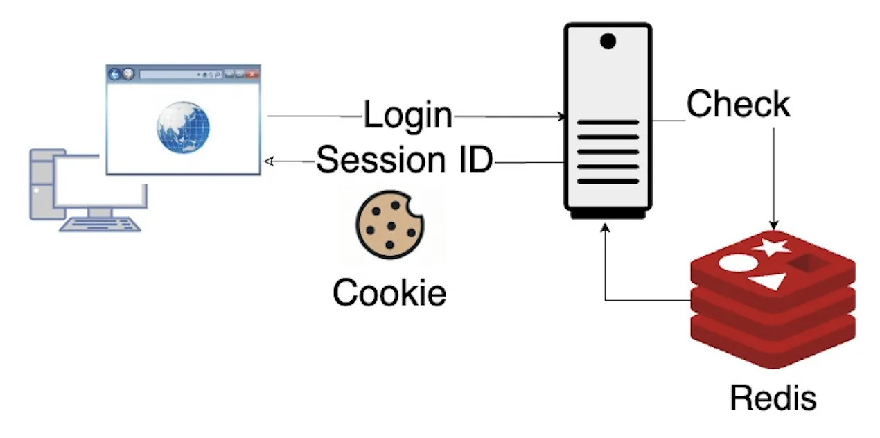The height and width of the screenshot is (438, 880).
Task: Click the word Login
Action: [407, 115]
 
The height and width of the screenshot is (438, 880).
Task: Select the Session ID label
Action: [404, 160]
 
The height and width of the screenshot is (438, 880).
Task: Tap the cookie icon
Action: [389, 225]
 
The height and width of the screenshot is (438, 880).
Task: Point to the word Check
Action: [738, 105]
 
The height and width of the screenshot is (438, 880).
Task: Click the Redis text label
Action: [773, 398]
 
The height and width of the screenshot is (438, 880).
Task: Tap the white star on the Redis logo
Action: [772, 246]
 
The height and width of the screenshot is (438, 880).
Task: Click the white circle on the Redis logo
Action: [735, 264]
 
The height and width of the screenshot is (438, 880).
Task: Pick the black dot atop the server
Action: [608, 42]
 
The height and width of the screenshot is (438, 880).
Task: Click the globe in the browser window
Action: [183, 128]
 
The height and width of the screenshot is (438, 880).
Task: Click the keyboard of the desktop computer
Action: [100, 223]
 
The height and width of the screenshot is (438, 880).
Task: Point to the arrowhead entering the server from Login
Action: [562, 117]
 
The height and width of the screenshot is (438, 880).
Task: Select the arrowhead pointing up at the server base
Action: [606, 227]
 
